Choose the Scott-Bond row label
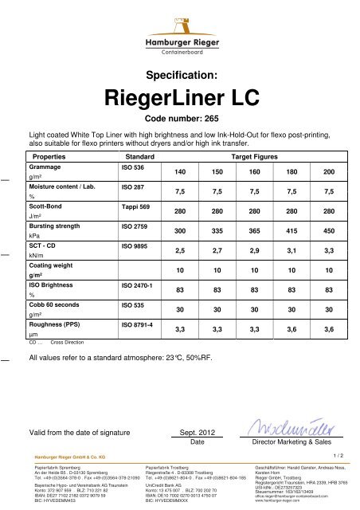[45, 207]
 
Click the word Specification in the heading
[180, 77]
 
